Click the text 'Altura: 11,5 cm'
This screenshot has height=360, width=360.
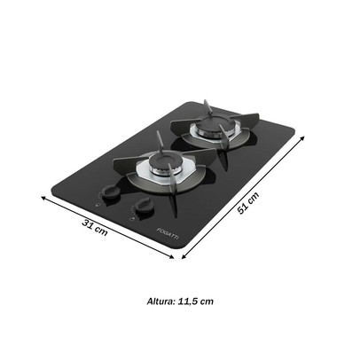[x=180, y=301]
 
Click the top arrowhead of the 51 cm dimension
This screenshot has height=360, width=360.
[x=305, y=138]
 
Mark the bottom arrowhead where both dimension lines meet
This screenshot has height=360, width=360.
[x=178, y=258]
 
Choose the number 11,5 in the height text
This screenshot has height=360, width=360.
[x=190, y=301]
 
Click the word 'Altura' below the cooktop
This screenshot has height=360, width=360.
[x=160, y=301]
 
